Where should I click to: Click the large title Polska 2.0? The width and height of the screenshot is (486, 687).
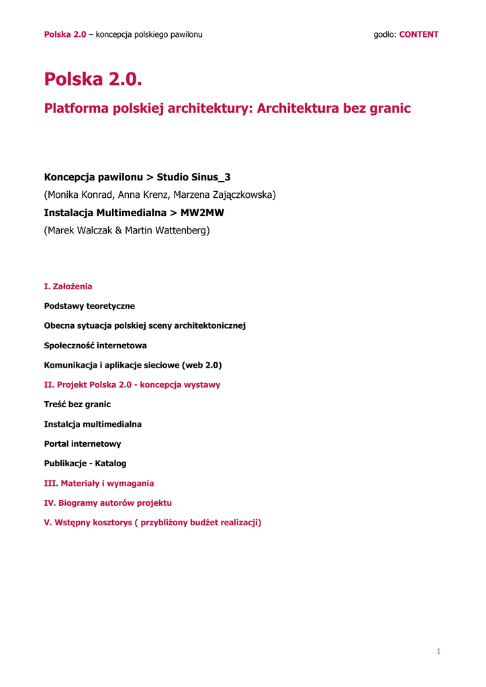[x=93, y=79]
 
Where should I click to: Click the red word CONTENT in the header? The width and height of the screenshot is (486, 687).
[x=419, y=34]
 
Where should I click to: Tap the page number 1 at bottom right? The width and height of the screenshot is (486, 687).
[x=438, y=651]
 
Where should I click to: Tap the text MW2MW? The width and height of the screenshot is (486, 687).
[x=202, y=213]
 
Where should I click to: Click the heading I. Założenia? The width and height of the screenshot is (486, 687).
[x=68, y=286]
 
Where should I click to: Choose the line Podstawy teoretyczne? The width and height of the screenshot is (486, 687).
[x=89, y=306]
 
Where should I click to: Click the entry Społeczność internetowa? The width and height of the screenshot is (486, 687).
[x=95, y=346]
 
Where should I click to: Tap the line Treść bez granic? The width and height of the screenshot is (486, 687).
[x=77, y=405]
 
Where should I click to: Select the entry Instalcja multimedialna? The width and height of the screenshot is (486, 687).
[x=93, y=424]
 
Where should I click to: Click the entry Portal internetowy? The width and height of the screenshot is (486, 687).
[x=83, y=443]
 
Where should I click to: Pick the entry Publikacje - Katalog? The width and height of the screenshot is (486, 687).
[x=85, y=463]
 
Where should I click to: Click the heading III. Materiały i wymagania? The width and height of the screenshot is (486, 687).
[x=99, y=483]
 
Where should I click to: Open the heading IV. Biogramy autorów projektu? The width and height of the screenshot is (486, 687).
[x=108, y=503]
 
